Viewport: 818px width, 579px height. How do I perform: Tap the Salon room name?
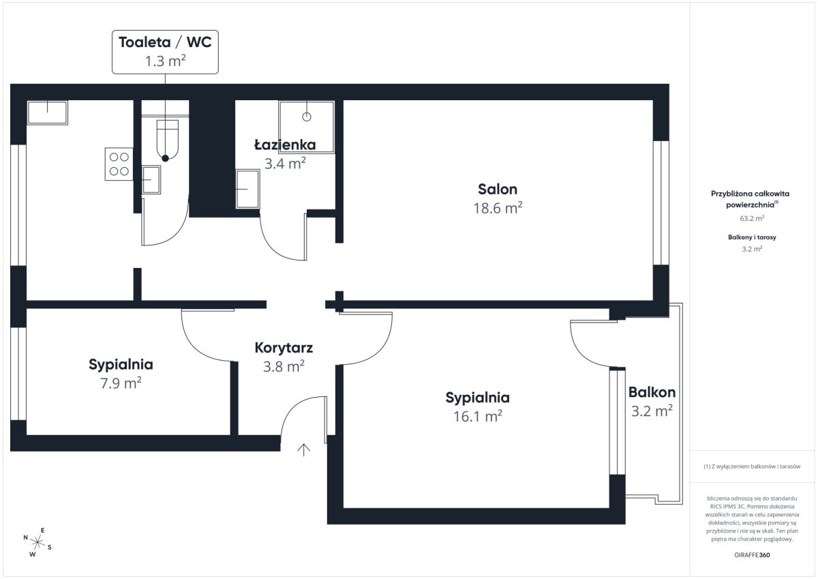point(498,189)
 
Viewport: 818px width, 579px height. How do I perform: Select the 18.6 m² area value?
point(498,208)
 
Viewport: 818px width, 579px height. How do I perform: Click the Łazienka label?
point(285,145)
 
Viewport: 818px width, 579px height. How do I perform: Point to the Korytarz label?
point(284,348)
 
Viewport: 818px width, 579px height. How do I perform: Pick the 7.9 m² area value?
point(121,383)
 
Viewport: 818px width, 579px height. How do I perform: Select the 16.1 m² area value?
point(478,416)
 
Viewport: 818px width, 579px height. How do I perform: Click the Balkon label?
point(652,392)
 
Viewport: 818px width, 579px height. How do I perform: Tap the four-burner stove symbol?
point(119,164)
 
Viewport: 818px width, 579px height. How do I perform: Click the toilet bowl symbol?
point(167,140)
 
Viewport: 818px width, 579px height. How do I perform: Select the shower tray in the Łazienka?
point(306,127)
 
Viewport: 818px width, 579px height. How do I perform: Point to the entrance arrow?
point(303,450)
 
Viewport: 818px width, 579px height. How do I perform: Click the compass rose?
point(37,542)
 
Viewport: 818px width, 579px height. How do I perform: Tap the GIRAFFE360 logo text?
point(752,555)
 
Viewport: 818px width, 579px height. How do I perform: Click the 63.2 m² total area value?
point(752,218)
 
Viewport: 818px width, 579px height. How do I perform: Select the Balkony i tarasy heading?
point(752,237)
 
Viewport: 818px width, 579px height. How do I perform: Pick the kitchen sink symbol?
point(48,113)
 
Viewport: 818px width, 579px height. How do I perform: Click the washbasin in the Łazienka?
point(247,189)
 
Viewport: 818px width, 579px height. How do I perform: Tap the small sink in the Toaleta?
point(151,179)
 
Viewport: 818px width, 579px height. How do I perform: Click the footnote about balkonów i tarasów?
point(752,466)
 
